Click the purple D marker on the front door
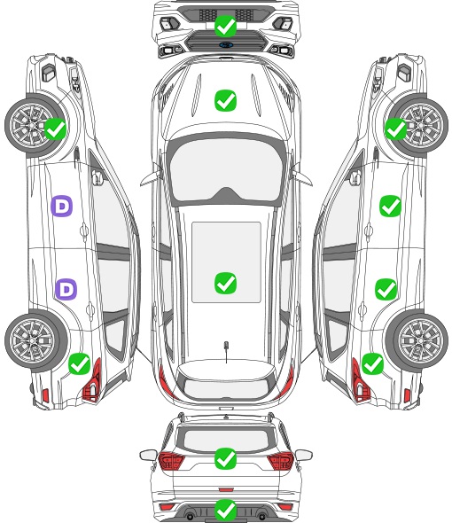pyautogui.click(x=61, y=207)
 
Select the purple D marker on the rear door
pyautogui.click(x=66, y=289)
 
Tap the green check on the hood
pyautogui.click(x=225, y=100)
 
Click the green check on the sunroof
pyautogui.click(x=225, y=283)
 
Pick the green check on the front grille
pyautogui.click(x=225, y=26)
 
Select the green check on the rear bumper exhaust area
pyautogui.click(x=225, y=510)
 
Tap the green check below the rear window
pyautogui.click(x=225, y=458)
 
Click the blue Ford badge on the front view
pyautogui.click(x=226, y=45)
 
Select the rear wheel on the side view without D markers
pyautogui.click(x=417, y=341)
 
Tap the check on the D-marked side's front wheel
pyautogui.click(x=55, y=129)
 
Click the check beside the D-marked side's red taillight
pyautogui.click(x=80, y=363)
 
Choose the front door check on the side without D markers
pyautogui.click(x=390, y=207)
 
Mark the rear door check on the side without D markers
pyautogui.click(x=386, y=289)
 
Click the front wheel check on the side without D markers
pyautogui.click(x=396, y=129)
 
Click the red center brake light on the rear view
pyautogui.click(x=226, y=490)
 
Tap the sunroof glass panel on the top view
pyautogui.click(x=226, y=262)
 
